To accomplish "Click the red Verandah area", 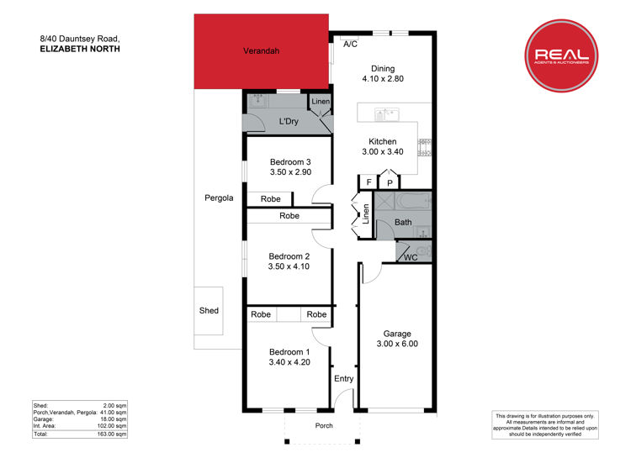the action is tap(261, 51).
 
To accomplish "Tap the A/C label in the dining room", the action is tap(350, 45).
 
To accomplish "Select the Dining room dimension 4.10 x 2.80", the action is tap(383, 79).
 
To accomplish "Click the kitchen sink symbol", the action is tap(386, 114).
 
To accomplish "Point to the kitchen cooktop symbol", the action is tap(425, 147).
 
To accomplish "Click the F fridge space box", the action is tap(369, 182).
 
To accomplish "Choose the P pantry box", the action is tap(390, 183).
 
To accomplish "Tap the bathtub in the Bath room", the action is tap(413, 201).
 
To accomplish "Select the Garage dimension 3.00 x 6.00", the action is tap(397, 344).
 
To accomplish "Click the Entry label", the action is tap(343, 379).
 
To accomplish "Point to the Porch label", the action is tap(324, 425).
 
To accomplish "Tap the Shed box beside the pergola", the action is tap(209, 311).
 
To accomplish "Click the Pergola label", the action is tap(219, 197).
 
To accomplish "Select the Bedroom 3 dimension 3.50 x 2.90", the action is tap(290, 172).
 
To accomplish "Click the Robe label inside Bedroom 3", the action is tap(270, 199).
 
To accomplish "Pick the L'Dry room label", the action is tap(289, 122).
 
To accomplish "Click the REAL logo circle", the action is tap(561, 55).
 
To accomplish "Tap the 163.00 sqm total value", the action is tap(112, 434).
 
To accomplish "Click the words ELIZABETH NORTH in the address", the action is tap(80, 49).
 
